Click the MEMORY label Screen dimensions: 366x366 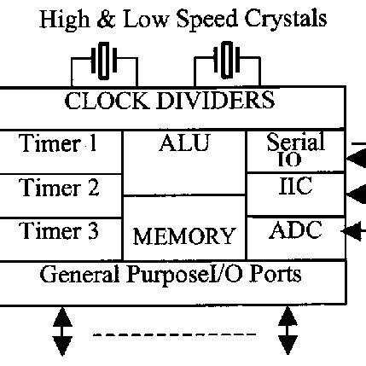184,235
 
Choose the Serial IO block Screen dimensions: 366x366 294,150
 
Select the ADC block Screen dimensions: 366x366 295,229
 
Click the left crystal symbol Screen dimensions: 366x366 105,61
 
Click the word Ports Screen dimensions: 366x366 272,276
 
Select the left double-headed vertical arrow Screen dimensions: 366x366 61,331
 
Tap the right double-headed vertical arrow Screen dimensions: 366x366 288,331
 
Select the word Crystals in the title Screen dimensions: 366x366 280,18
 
